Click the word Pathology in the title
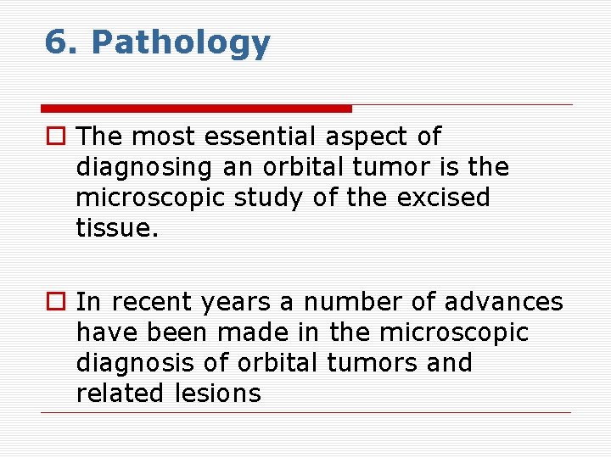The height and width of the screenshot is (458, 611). point(181,42)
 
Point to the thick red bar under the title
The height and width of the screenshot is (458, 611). point(196,109)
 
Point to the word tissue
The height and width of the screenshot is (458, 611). point(117,228)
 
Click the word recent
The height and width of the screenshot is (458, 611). point(149,302)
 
